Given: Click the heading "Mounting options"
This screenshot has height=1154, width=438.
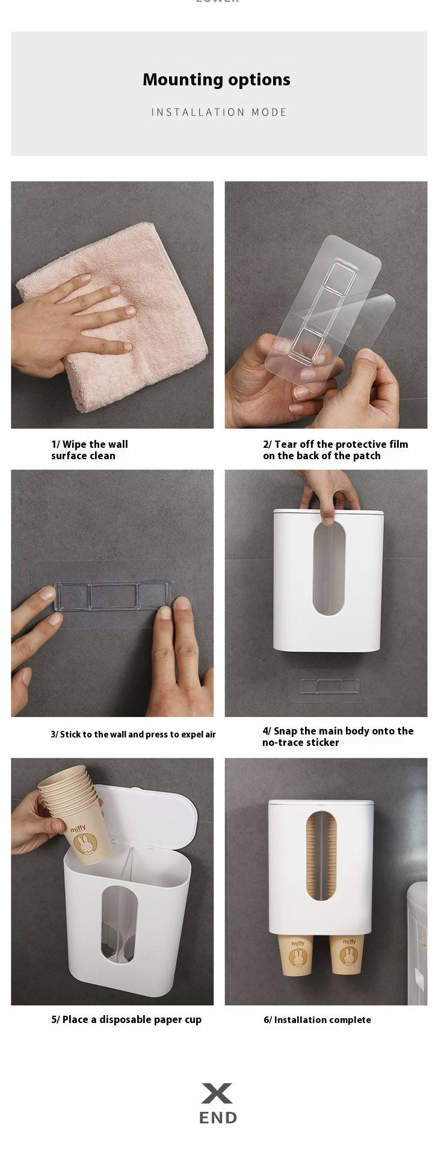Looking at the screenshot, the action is [217, 80].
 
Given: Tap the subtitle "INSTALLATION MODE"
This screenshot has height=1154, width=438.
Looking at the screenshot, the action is [219, 112].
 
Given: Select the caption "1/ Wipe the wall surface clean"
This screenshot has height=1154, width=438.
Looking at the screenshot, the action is [90, 450].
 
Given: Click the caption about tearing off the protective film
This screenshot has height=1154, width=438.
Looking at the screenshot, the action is [335, 450].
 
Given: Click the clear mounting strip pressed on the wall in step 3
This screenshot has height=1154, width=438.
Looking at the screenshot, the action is [111, 596].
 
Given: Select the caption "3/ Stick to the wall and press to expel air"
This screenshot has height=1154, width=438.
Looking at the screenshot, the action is [133, 734].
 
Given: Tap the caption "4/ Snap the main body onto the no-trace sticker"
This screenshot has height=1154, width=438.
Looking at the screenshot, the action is [338, 737].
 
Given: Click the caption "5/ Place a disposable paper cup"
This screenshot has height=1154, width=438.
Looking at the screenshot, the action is [126, 1020].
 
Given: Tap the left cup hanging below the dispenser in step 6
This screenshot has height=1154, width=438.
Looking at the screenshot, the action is [297, 955].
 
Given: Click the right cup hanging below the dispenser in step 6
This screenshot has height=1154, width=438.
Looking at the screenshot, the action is [347, 955].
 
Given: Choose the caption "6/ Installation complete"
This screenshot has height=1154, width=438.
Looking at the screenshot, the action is [317, 1020].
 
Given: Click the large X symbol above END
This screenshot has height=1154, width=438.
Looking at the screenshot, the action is [217, 1093].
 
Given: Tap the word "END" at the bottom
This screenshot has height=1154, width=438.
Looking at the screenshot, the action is [218, 1118].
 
